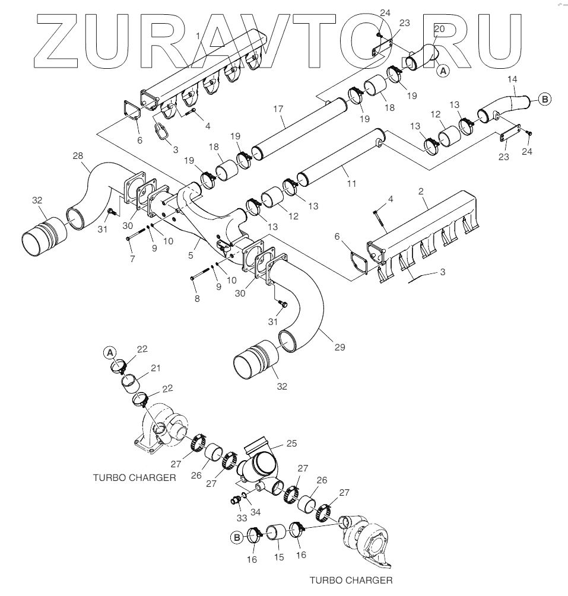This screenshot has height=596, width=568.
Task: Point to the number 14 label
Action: [513, 79]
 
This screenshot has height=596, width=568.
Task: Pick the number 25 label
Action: [291, 443]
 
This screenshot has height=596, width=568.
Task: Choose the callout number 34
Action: [256, 511]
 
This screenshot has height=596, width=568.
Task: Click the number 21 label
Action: [156, 368]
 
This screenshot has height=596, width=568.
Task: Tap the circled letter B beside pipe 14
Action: [545, 100]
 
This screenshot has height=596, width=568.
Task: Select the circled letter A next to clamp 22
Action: [109, 353]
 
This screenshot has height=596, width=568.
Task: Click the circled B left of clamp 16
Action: [237, 537]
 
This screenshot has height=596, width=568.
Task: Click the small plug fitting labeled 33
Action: [235, 501]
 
